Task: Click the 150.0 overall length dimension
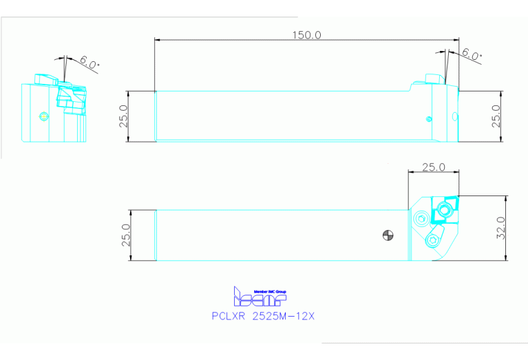click(x=306, y=34)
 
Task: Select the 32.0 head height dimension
click(x=501, y=228)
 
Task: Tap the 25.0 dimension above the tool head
click(x=433, y=167)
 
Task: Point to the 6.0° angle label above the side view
click(x=472, y=54)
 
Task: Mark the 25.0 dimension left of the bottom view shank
click(x=125, y=235)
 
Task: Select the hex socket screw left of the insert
click(x=421, y=220)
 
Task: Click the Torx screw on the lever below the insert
click(x=432, y=240)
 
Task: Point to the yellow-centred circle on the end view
click(x=44, y=116)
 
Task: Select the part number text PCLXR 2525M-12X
click(x=264, y=317)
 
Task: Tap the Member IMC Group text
click(x=270, y=291)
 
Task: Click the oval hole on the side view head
click(x=454, y=116)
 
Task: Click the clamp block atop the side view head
click(x=432, y=79)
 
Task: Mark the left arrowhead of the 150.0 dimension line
click(x=158, y=41)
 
